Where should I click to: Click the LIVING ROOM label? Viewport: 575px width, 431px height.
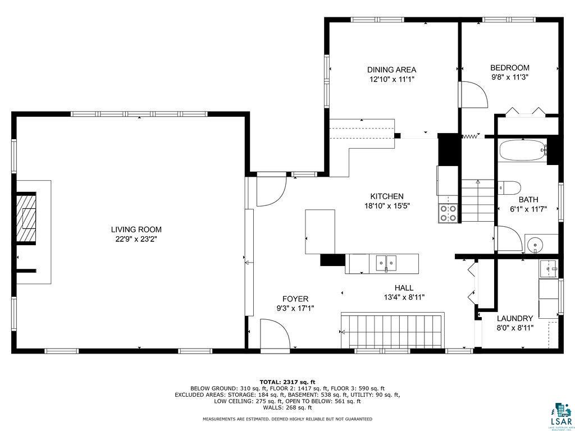[x=136, y=229]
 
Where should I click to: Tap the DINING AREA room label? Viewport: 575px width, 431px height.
[x=391, y=70]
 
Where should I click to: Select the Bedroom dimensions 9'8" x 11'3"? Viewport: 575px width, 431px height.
[x=510, y=77]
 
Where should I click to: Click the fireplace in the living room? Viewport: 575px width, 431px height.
[x=26, y=218]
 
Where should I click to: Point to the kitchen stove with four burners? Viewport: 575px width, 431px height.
[x=448, y=213]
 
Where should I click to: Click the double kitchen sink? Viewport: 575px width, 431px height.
[x=386, y=262]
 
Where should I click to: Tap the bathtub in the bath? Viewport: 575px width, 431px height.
[x=522, y=150]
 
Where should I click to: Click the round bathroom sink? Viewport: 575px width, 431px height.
[x=535, y=245]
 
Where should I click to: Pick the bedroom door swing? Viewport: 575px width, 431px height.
[x=474, y=94]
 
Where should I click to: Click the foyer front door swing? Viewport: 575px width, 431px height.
[x=275, y=333]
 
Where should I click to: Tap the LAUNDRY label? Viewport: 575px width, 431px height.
[x=514, y=318]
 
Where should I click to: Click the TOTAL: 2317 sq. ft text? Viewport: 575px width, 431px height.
[x=287, y=382]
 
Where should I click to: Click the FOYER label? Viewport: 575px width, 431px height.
[x=295, y=299]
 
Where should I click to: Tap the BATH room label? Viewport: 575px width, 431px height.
[x=528, y=199]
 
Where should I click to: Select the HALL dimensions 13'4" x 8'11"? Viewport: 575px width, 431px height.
[x=404, y=297]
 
